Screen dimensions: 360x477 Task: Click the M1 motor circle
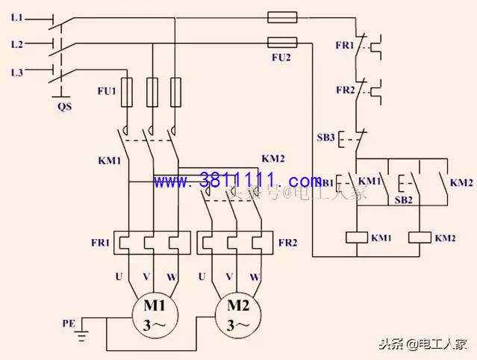coord(154,315)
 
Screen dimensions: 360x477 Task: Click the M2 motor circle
coord(237,315)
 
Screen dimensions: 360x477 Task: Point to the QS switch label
coord(65,105)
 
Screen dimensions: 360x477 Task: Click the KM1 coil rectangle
coord(360,238)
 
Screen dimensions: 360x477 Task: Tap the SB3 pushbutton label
coord(325,139)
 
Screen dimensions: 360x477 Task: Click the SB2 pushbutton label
coord(403,199)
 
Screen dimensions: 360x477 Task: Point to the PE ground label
coord(69,323)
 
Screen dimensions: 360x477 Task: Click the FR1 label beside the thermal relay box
coord(101,243)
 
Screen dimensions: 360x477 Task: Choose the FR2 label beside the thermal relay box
coord(287,243)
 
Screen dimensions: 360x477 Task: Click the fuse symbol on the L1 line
coord(281,16)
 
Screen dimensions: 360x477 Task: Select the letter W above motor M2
coord(255,277)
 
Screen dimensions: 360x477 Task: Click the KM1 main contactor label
coord(109,160)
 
